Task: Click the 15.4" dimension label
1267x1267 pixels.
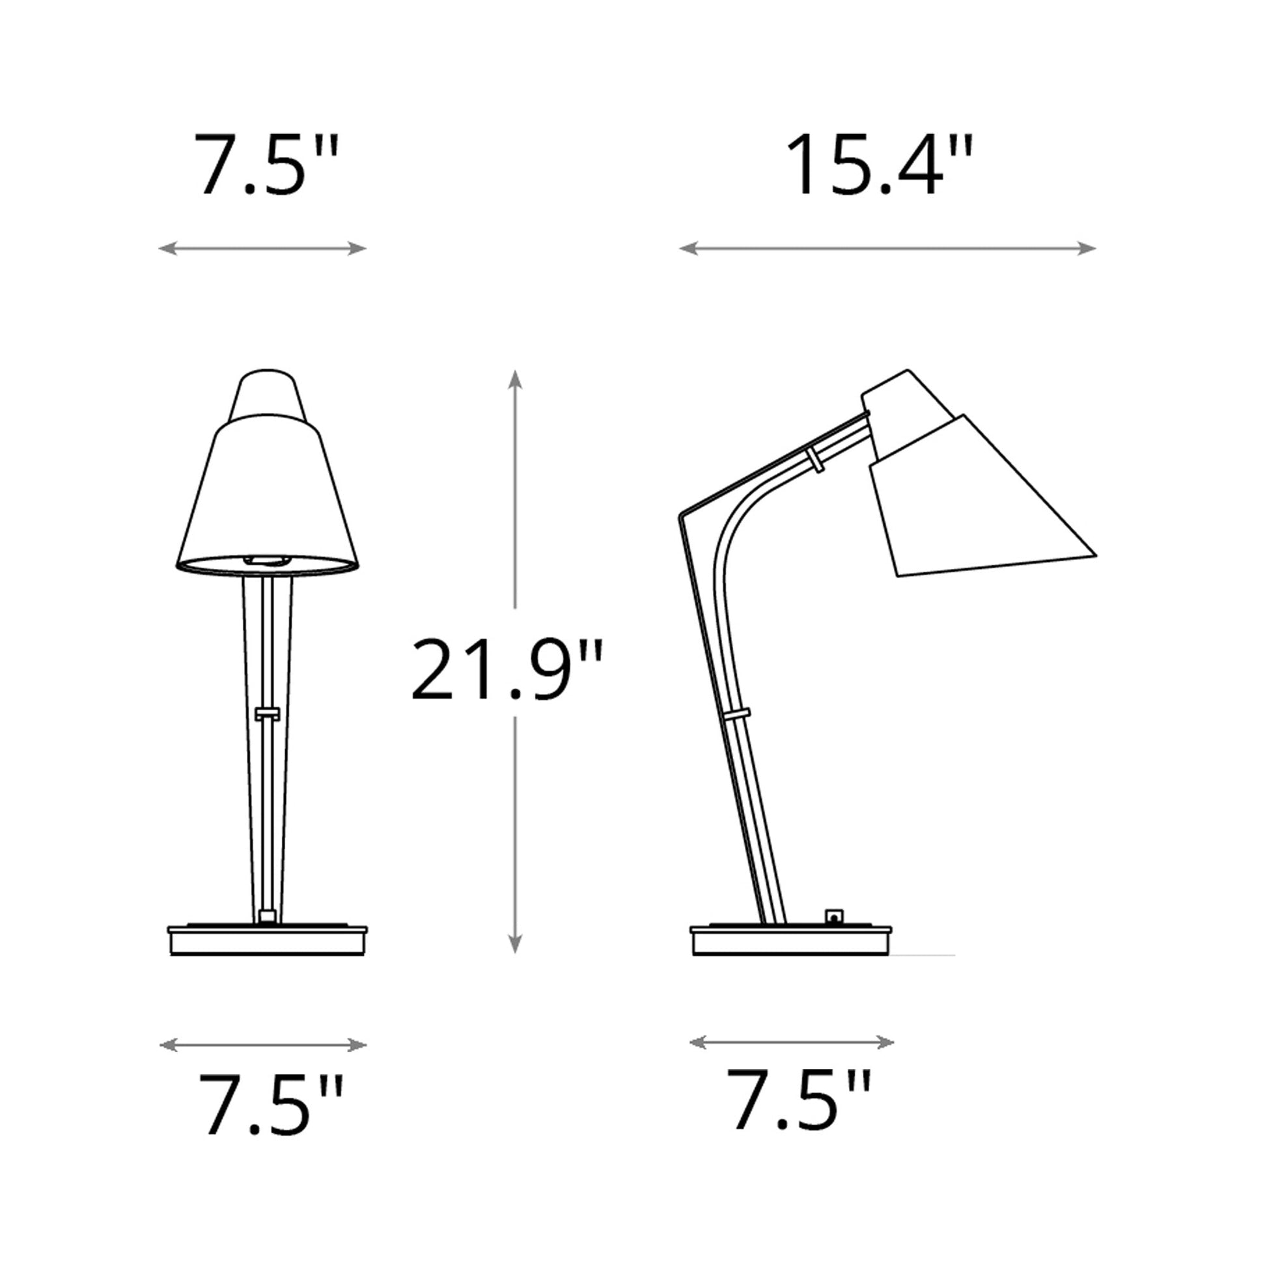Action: [880, 165]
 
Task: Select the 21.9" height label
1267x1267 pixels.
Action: [506, 669]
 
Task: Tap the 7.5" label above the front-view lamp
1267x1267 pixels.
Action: [266, 165]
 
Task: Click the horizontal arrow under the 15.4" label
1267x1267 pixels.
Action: [887, 249]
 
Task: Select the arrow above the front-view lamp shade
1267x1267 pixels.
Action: [262, 249]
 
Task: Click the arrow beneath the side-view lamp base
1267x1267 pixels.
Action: [792, 1042]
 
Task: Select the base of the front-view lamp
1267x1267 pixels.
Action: [268, 940]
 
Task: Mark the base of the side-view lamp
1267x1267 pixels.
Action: [791, 940]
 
